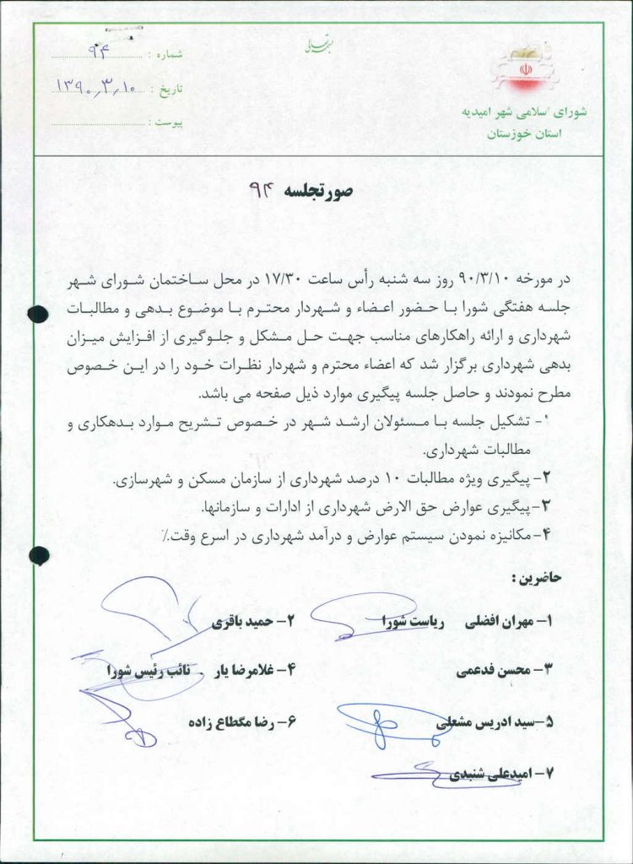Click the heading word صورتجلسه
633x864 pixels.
click(x=323, y=191)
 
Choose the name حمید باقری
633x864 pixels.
click(x=241, y=622)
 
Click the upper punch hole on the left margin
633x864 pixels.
click(x=37, y=314)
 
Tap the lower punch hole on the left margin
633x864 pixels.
click(x=39, y=554)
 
